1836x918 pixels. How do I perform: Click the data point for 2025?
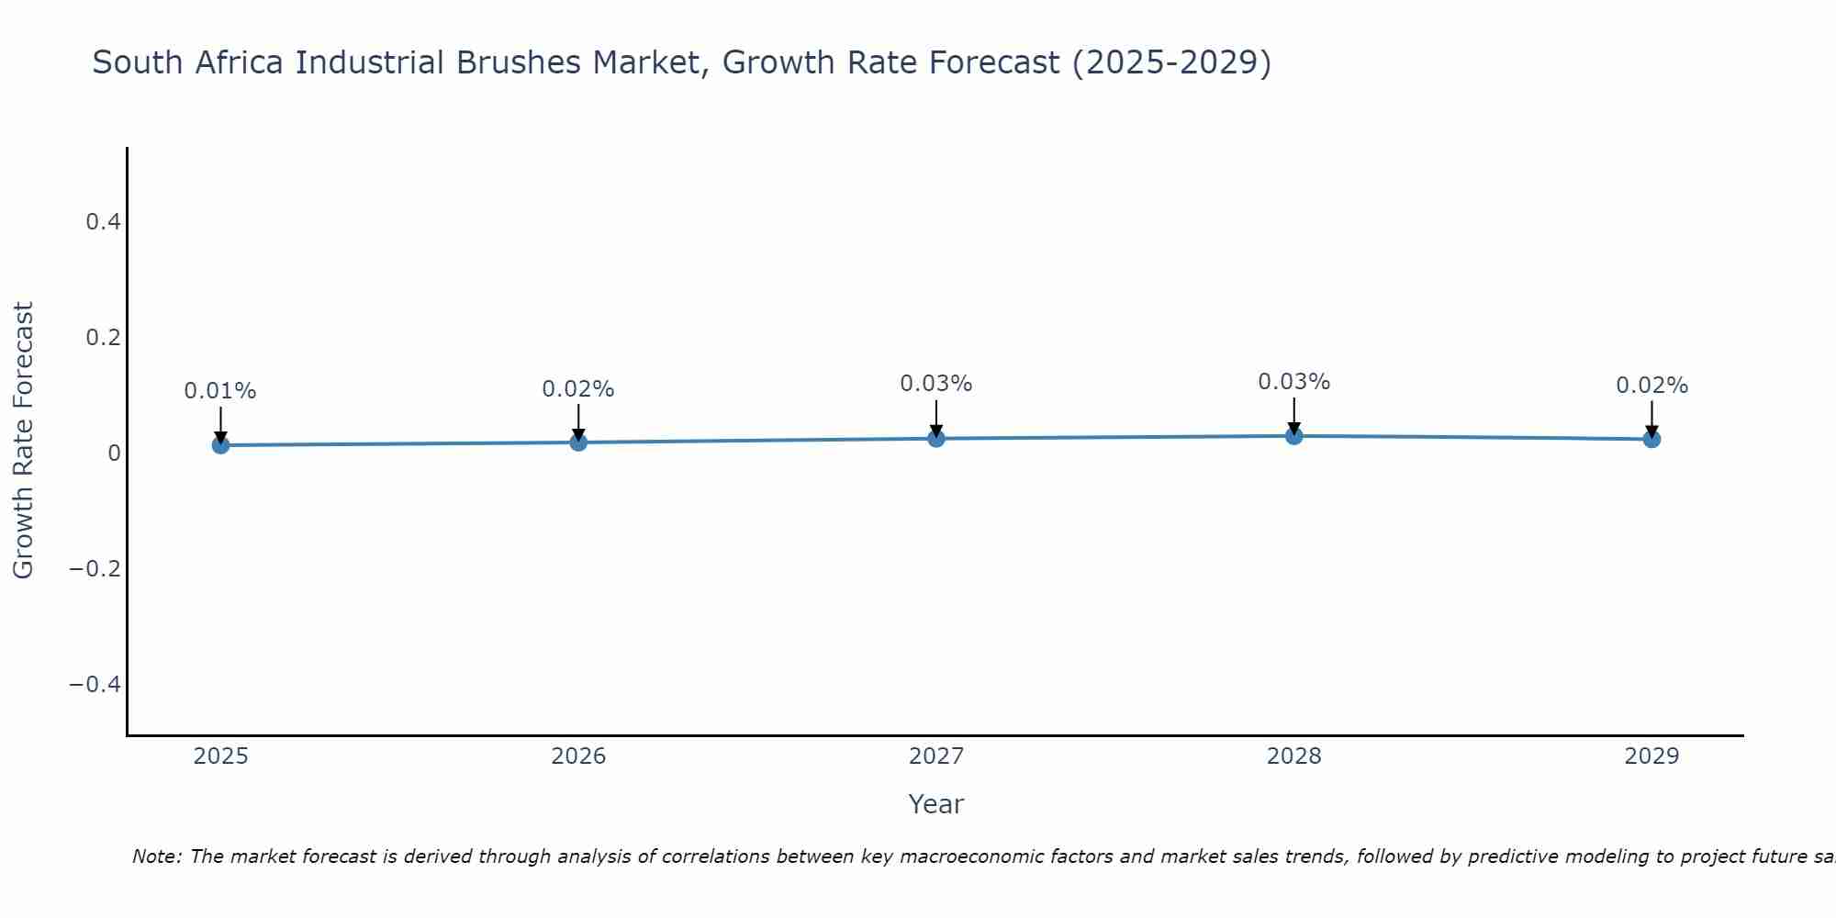coord(220,445)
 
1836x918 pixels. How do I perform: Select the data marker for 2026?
coord(578,442)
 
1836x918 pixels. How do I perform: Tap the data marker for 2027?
coord(936,439)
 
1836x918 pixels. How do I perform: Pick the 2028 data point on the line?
coord(1293,436)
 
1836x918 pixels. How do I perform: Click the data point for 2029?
coord(1651,440)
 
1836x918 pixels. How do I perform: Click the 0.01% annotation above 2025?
coord(220,391)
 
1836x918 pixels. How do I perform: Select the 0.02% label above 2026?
coord(578,389)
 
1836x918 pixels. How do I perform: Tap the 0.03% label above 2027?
coord(936,384)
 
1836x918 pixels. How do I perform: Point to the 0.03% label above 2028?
coord(1293,382)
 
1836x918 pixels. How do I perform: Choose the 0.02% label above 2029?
coord(1651,386)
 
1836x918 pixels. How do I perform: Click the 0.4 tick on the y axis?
coord(103,222)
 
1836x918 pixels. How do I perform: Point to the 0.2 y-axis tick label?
coord(103,338)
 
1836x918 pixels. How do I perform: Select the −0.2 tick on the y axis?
coord(95,569)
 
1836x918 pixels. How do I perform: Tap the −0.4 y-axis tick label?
coord(95,685)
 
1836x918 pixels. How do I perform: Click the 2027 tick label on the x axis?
coord(936,756)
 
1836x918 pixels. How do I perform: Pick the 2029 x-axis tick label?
coord(1651,756)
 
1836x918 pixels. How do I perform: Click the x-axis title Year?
coord(936,804)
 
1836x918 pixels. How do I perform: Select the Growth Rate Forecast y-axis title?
coord(24,441)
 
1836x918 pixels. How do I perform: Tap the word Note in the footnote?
coord(157,857)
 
